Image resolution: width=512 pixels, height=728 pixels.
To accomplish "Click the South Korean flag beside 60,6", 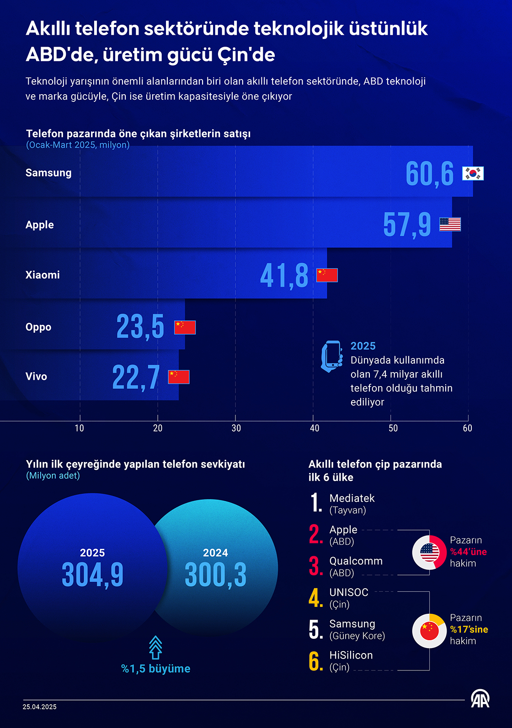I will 473,174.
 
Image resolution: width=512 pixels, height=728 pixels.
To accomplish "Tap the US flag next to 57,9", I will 450,224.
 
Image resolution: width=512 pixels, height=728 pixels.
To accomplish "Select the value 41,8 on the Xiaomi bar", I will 284,275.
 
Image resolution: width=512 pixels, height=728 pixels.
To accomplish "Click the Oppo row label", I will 38,327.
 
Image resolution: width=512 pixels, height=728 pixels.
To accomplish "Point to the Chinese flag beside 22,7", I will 179,377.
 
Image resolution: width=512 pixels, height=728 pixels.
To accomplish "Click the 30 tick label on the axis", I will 236,428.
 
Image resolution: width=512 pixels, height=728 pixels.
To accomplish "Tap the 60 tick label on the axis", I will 467,428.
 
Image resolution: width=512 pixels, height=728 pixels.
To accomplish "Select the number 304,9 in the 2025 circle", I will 92,574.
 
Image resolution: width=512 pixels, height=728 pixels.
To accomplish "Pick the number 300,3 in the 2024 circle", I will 215,574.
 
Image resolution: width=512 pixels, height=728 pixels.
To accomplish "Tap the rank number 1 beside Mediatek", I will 316,503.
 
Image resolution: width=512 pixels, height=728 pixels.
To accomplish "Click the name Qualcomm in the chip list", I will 356,561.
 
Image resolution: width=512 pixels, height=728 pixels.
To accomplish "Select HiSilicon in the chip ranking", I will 351,655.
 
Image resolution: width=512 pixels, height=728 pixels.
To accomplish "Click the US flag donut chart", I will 429,552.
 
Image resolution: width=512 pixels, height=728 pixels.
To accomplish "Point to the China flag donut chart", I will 429,631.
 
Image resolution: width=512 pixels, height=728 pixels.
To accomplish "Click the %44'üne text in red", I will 468,552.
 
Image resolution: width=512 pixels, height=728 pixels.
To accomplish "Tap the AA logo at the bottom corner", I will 480,699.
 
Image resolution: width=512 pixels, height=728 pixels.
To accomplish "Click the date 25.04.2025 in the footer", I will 40,707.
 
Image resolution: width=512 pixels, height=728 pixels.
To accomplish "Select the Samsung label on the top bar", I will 48,173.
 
